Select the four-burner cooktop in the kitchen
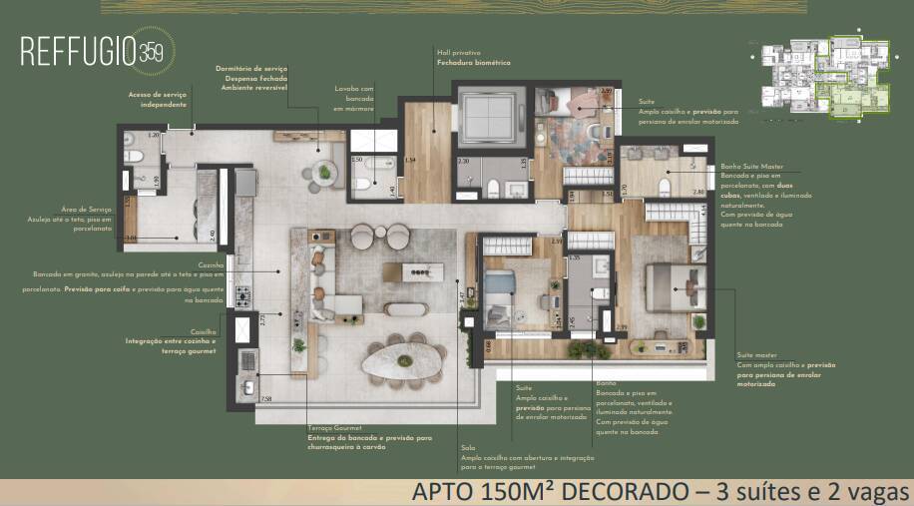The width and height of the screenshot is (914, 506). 242,295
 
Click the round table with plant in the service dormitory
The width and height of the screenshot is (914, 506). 324,173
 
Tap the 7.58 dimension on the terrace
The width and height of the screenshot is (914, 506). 264,399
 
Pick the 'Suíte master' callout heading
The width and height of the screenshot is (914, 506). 756,354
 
